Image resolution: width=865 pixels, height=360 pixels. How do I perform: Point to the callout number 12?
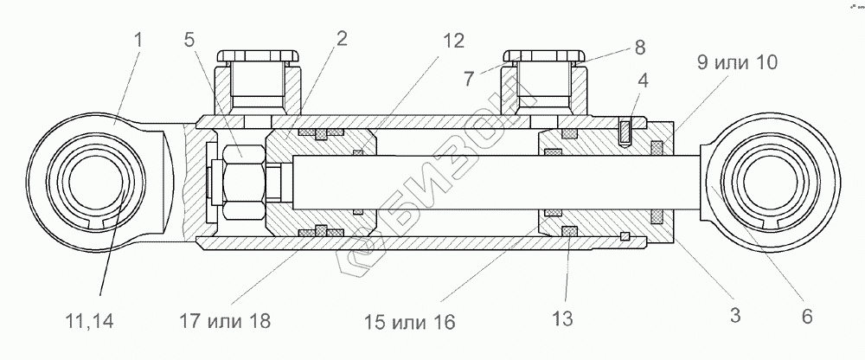click(452, 41)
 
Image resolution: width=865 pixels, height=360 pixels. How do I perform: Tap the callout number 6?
click(807, 318)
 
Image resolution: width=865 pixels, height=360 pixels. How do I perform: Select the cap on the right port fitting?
click(542, 57)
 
